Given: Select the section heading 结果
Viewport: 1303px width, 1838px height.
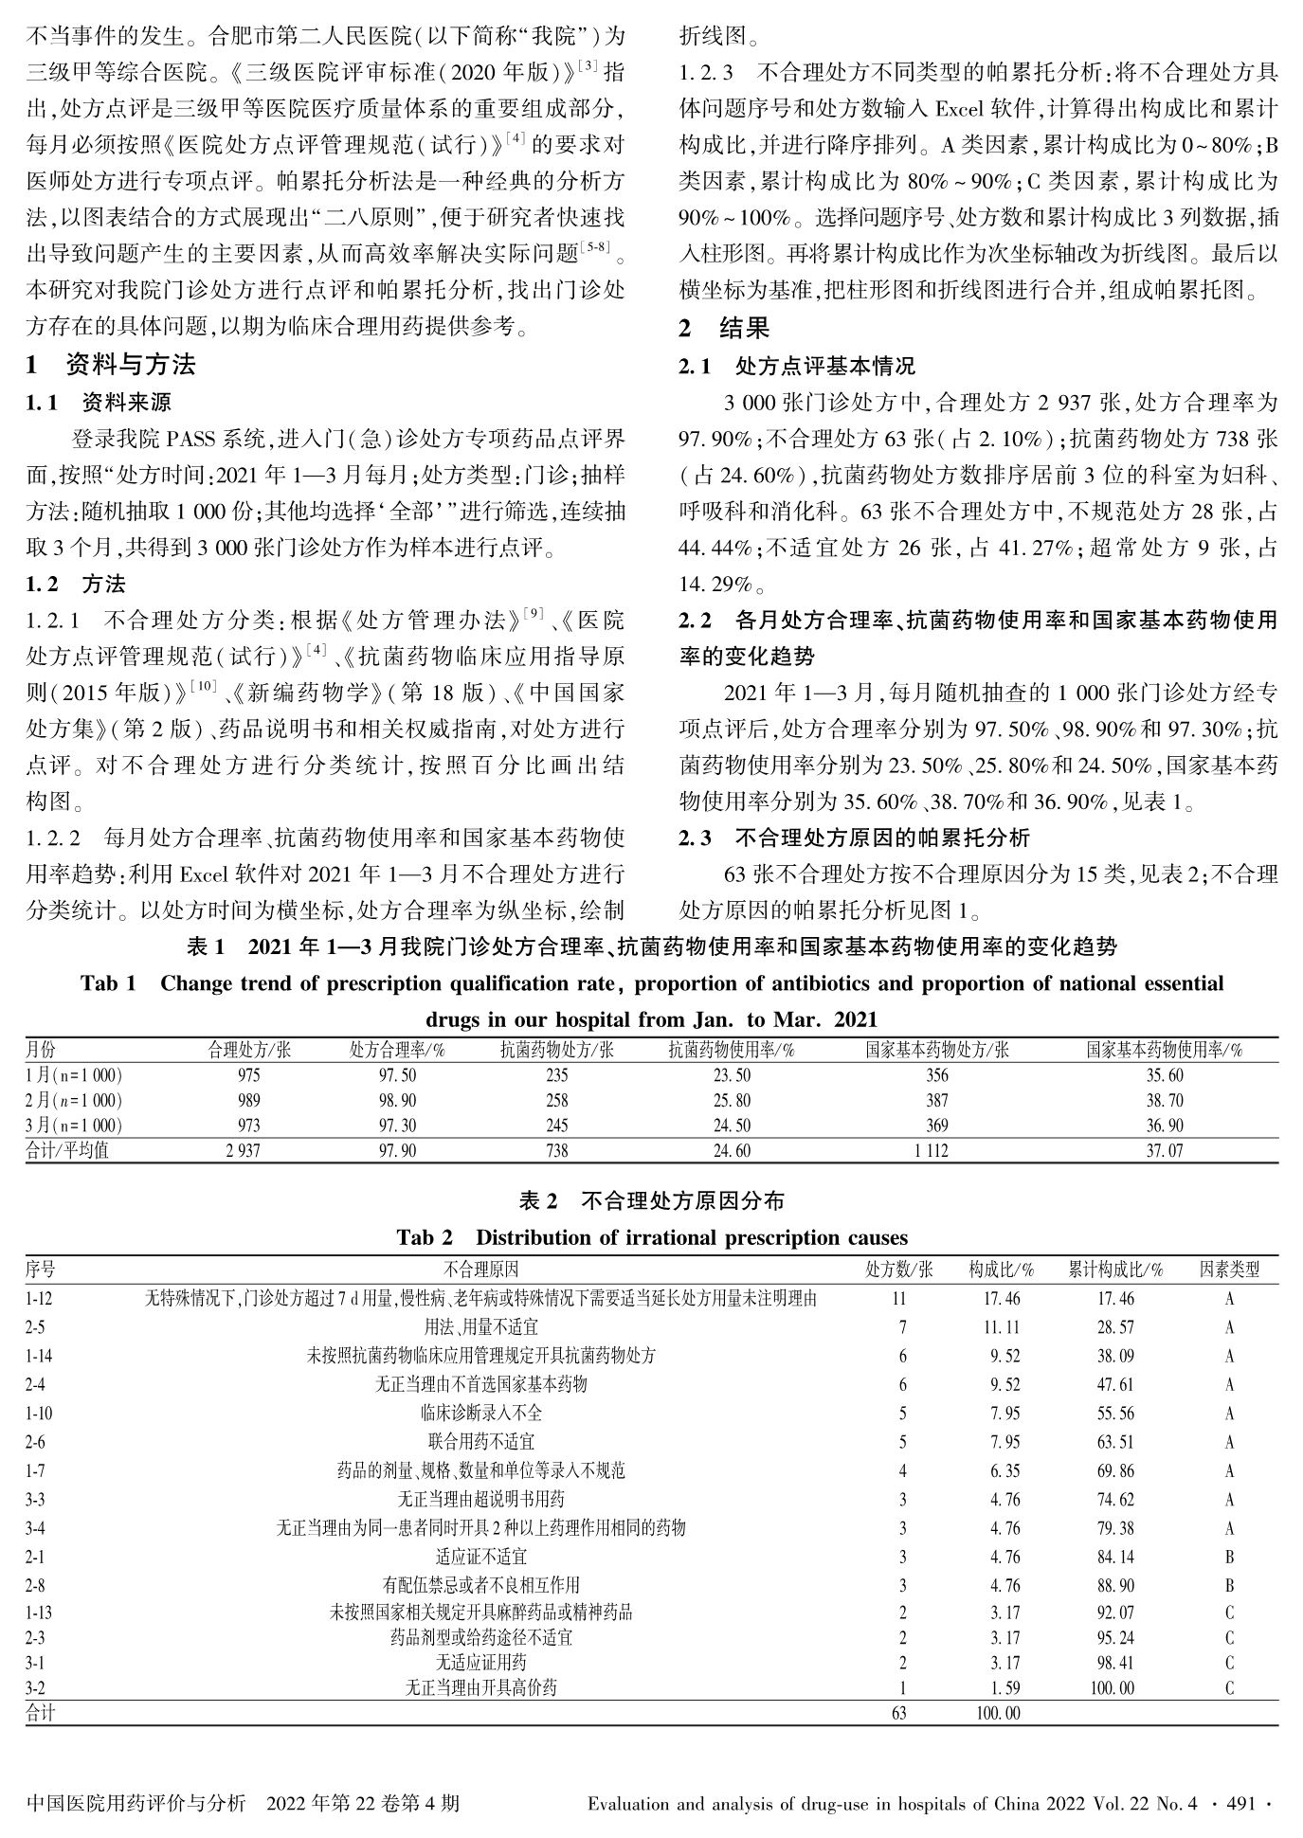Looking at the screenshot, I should (744, 329).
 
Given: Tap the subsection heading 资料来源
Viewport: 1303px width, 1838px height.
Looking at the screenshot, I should (126, 402).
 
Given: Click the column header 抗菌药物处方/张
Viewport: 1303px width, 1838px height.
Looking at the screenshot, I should (556, 1050).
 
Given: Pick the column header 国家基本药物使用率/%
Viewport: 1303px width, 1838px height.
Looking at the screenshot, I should (1164, 1050).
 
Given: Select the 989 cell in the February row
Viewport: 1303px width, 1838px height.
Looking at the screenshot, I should (250, 1101).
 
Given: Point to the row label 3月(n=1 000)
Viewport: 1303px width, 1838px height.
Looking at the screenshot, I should (74, 1126).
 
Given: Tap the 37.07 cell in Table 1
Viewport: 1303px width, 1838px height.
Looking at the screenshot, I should (1164, 1151).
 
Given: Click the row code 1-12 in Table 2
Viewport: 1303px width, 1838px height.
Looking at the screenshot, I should (40, 1299).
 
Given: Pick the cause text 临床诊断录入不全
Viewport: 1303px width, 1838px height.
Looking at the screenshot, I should (481, 1413).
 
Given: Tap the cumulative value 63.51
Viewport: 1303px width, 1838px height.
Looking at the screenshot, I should (1115, 1442).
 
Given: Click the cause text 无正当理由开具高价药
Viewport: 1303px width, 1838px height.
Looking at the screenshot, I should (481, 1687).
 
